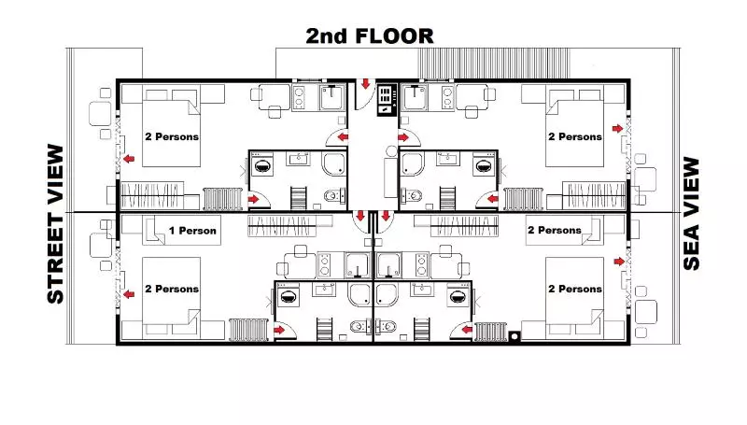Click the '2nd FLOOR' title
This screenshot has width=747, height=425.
(371, 36)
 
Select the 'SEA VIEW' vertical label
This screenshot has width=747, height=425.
(691, 213)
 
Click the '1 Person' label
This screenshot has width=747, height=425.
(192, 231)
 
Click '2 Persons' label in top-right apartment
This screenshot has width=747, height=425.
(574, 136)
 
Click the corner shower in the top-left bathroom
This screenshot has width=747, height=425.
(333, 165)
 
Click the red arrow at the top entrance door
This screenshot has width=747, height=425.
(366, 86)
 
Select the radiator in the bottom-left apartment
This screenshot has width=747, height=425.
(247, 330)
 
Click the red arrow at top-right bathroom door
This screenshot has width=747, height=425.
(492, 198)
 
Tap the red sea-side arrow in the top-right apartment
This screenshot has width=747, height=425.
(616, 128)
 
